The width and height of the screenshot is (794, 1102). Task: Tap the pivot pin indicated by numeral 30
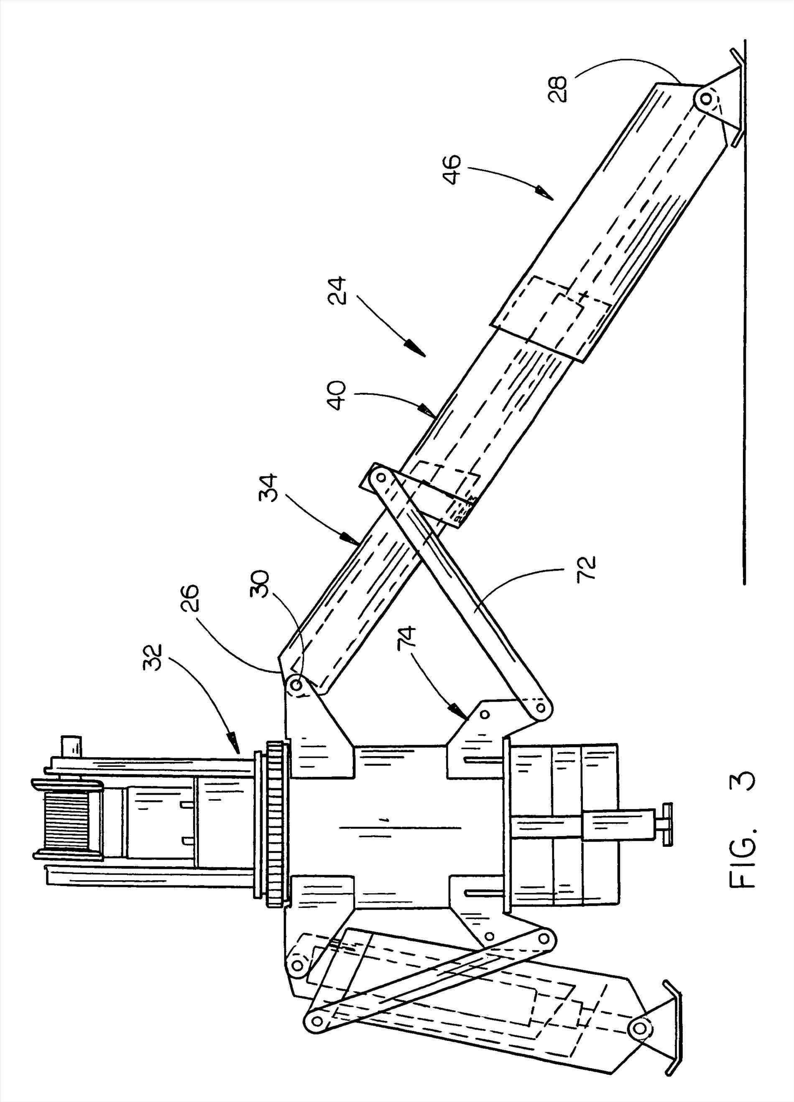pos(296,687)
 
